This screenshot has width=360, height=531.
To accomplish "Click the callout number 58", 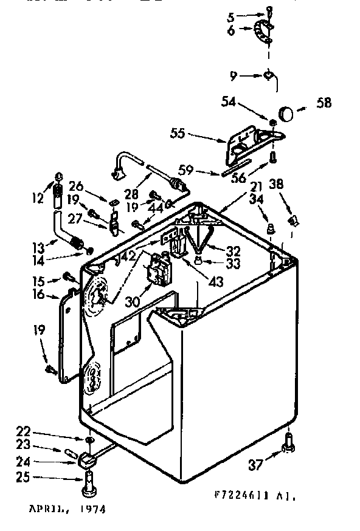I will [324, 103].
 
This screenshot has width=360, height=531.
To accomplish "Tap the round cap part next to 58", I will [286, 113].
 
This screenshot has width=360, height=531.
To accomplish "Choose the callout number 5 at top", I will [230, 16].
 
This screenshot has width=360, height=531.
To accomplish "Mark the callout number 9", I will [234, 77].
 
